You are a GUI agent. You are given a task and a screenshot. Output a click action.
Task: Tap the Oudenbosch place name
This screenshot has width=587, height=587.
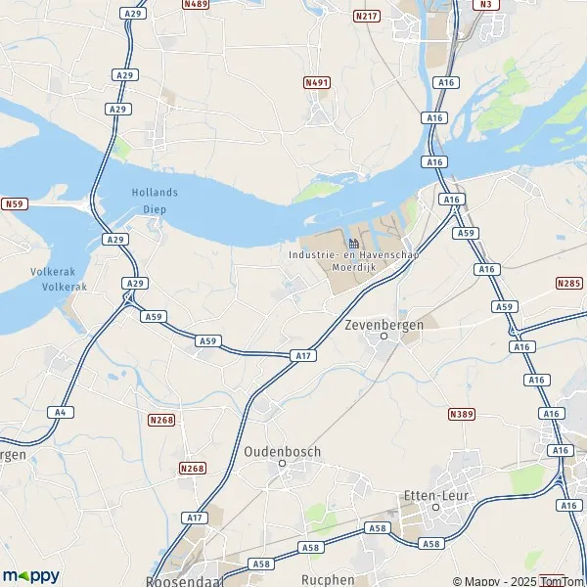point(283,451)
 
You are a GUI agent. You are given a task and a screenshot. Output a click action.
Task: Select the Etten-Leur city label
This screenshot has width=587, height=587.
point(434,496)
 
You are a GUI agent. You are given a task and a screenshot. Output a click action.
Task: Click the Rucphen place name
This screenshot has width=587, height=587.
point(328,579)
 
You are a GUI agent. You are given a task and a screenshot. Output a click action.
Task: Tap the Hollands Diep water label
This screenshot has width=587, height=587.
point(155,199)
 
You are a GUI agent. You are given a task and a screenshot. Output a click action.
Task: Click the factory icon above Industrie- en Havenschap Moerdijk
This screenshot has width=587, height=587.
point(353,243)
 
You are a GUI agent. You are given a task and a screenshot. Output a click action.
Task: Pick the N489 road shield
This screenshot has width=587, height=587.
point(196,5)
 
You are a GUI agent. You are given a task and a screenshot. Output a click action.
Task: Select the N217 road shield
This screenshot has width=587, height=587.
point(368,17)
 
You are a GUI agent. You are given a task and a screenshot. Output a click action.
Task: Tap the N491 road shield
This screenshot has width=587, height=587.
point(316,83)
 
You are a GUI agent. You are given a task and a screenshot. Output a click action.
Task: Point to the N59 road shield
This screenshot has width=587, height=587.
point(13,203)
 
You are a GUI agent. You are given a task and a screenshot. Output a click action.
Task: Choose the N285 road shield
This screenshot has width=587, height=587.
point(568,284)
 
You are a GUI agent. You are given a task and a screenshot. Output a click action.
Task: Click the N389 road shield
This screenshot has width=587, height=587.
point(461,415)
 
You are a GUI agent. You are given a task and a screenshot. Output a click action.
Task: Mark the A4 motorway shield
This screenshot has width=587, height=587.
point(60,412)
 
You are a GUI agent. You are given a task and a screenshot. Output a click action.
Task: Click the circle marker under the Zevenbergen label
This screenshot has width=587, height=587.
point(384,336)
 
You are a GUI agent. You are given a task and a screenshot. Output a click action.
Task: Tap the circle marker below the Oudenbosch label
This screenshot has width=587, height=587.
point(283,466)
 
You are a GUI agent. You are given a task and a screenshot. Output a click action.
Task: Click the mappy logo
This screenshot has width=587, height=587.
point(30,575)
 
